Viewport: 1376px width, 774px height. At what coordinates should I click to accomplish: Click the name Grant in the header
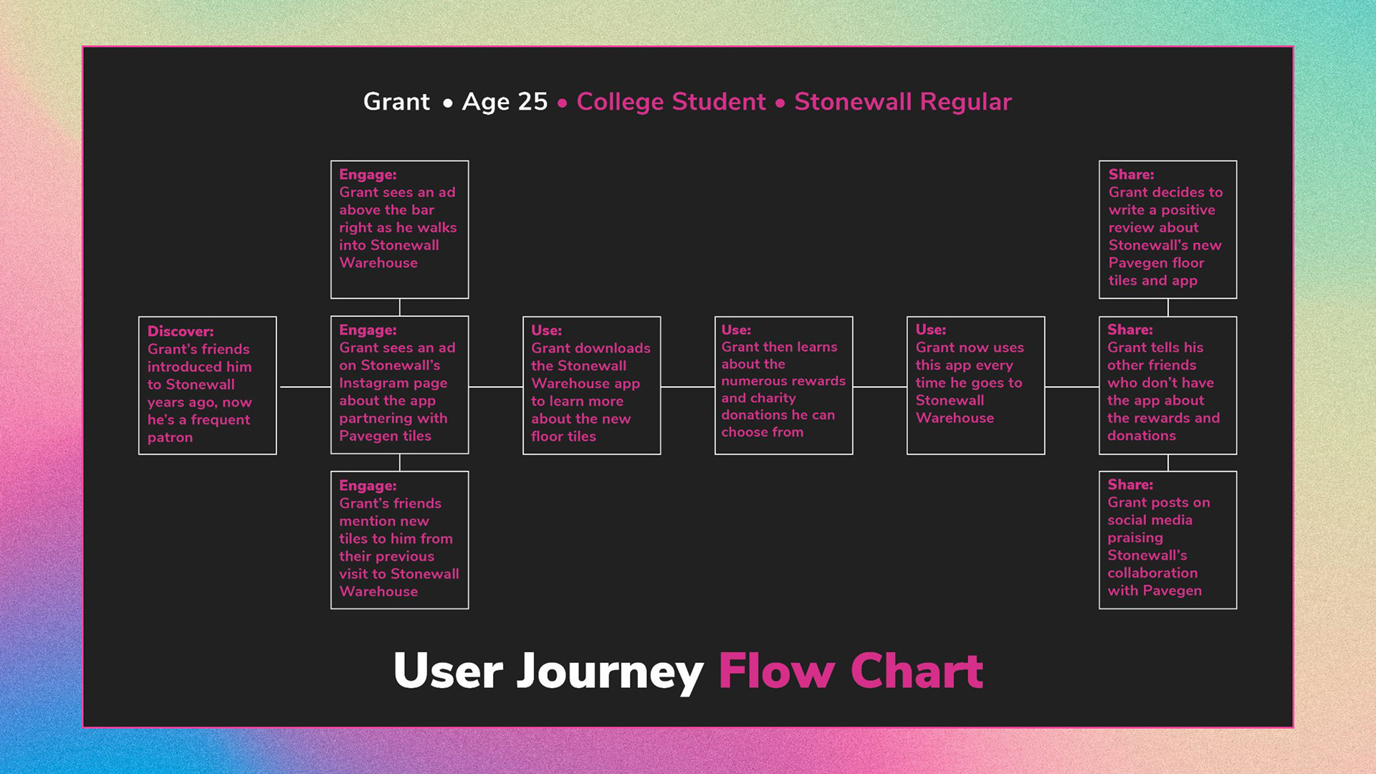pyautogui.click(x=396, y=102)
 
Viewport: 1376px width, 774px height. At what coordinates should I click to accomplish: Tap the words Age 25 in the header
pyautogui.click(x=505, y=102)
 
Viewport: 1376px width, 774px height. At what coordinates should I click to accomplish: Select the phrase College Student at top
pyautogui.click(x=671, y=102)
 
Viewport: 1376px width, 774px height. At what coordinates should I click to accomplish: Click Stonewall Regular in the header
pyautogui.click(x=903, y=102)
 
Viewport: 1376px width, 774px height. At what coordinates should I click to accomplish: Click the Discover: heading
pyautogui.click(x=181, y=331)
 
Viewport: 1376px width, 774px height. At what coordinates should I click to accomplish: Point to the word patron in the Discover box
pyautogui.click(x=170, y=437)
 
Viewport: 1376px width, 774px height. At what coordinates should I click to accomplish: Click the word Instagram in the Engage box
pyautogui.click(x=372, y=383)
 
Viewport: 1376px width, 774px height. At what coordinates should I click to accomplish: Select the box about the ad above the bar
pyautogui.click(x=399, y=229)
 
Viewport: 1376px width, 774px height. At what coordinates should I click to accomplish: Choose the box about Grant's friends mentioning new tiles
pyautogui.click(x=399, y=540)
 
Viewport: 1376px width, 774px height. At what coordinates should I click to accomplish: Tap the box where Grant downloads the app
pyautogui.click(x=591, y=385)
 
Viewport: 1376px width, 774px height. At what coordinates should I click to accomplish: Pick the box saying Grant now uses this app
pyautogui.click(x=975, y=385)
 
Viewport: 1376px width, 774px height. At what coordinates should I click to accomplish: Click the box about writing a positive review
pyautogui.click(x=1167, y=229)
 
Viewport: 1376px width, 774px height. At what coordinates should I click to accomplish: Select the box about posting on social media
pyautogui.click(x=1167, y=540)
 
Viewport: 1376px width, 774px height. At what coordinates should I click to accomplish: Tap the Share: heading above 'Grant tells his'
pyautogui.click(x=1130, y=330)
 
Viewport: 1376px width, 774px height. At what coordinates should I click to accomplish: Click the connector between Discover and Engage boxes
pyautogui.click(x=305, y=387)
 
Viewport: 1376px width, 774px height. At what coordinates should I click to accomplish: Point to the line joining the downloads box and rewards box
pyautogui.click(x=687, y=387)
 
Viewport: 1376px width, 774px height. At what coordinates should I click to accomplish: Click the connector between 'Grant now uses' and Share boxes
pyautogui.click(x=1071, y=387)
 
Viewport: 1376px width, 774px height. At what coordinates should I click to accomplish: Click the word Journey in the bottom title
pyautogui.click(x=610, y=672)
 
